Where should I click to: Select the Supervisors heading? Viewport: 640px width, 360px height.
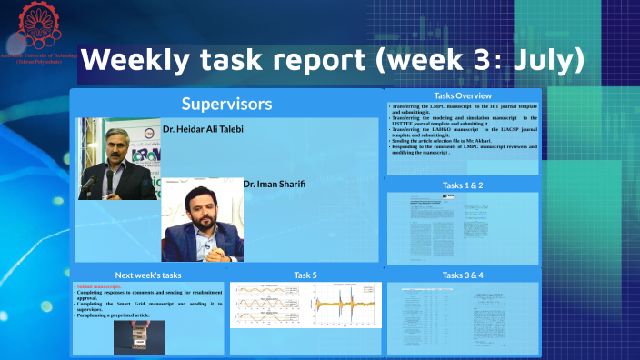(x=226, y=104)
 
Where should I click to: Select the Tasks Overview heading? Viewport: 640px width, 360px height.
(x=463, y=95)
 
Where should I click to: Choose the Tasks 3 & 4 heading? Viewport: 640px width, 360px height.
(x=463, y=274)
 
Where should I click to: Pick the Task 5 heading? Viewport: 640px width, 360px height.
(x=305, y=274)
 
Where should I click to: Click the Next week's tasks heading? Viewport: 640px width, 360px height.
(x=148, y=274)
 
